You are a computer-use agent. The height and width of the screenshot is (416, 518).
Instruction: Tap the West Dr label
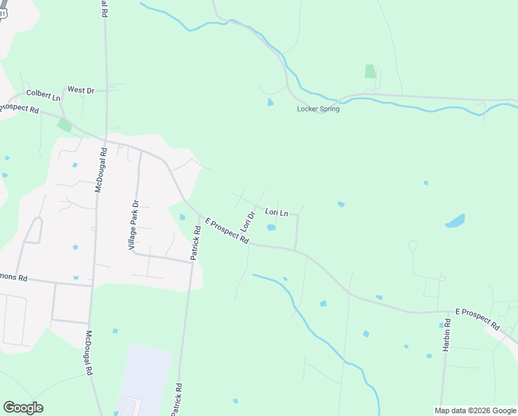tap(80, 90)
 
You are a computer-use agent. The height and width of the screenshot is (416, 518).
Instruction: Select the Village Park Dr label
tap(134, 225)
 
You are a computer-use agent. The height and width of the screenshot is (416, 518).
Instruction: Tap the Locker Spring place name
tap(318, 109)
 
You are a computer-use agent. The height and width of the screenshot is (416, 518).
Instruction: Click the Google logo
tap(23, 408)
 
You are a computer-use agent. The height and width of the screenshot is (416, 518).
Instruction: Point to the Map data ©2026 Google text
tap(474, 410)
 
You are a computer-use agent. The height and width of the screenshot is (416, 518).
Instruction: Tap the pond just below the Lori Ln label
tap(271, 227)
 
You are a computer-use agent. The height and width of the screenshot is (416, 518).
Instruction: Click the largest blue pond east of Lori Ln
tap(455, 221)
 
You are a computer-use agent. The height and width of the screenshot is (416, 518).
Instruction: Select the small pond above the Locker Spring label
tap(270, 102)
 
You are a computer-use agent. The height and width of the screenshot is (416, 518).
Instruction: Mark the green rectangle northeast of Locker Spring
tap(370, 71)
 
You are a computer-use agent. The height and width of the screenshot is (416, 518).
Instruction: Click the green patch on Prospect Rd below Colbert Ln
tap(64, 125)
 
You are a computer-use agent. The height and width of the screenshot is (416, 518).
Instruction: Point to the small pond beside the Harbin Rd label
tap(441, 324)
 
